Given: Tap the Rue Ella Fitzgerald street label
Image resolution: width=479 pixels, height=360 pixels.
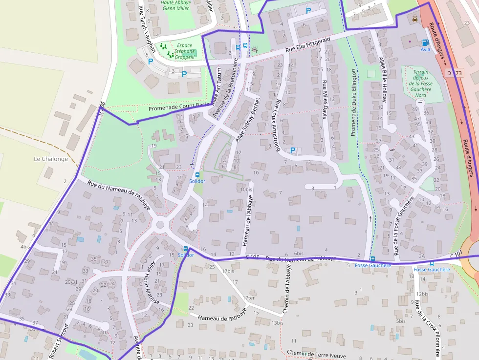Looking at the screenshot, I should pos(308,45).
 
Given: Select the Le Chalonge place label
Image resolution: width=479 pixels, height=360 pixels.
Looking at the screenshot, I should pos(51,159).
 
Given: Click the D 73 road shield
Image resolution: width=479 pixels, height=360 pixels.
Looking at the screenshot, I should pos(454,73).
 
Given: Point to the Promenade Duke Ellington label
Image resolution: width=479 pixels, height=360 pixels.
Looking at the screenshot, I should pos(354,102).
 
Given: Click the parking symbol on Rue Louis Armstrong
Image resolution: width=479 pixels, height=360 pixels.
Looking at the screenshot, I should pos(293,150).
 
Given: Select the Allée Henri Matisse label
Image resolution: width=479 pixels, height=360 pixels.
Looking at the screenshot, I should pos(149,283).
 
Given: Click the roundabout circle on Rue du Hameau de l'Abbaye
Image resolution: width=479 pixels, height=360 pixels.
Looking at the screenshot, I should pos(159,225).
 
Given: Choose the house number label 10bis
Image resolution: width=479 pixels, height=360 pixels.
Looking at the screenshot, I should pos(246,189).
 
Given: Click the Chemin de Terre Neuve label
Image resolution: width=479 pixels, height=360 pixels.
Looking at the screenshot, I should pos(316,353).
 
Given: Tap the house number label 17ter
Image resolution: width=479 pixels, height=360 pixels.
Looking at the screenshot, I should pos(249,298).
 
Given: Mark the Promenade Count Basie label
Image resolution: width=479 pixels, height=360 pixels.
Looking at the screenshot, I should pos(178,106).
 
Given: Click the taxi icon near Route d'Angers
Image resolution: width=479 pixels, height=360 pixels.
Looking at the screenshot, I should pos(415,19).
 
